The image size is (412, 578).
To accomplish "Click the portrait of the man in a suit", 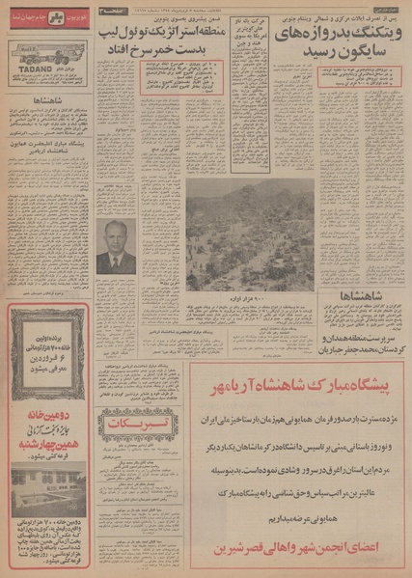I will [116, 245].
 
